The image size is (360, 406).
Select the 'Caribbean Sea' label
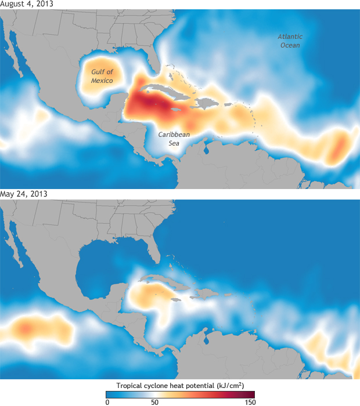175,139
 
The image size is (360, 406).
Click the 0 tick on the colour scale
107,402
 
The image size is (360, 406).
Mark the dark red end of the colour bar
251,394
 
